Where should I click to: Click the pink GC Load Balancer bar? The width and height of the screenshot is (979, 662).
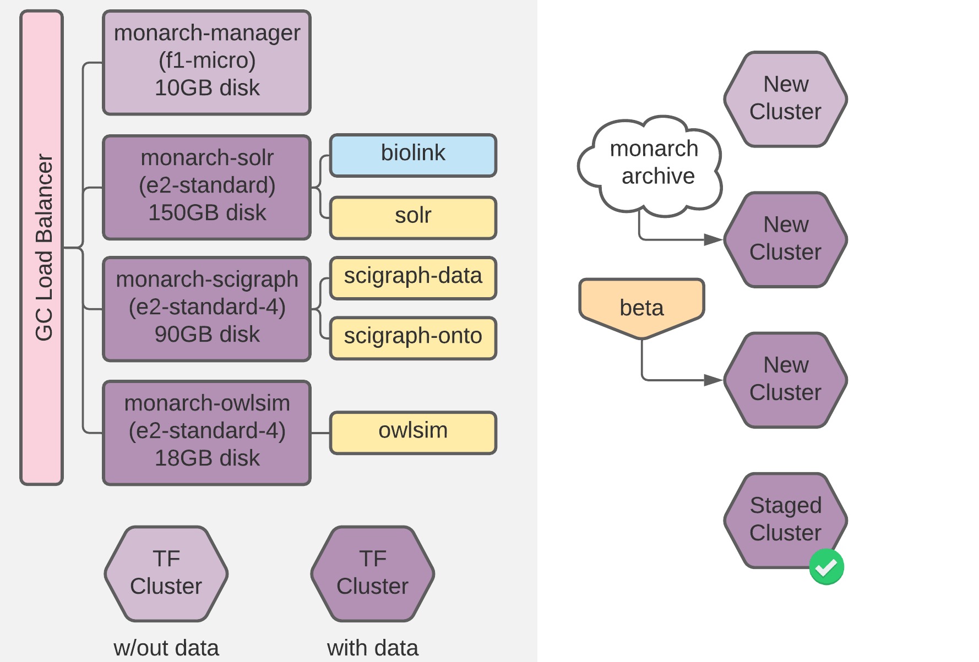[x=42, y=248]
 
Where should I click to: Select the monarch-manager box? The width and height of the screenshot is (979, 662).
[x=206, y=62]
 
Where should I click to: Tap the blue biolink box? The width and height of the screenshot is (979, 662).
[x=413, y=155]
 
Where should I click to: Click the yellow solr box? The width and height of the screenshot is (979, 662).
[x=413, y=217]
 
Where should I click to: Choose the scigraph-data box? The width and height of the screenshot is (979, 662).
[x=413, y=278]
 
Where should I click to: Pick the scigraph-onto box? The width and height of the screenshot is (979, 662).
[x=413, y=338]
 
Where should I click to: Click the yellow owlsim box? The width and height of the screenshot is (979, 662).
[x=413, y=433]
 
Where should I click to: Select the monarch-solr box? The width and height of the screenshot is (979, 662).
[x=206, y=187]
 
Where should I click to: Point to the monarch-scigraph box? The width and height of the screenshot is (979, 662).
[x=206, y=309]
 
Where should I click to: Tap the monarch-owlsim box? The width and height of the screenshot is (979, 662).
[x=206, y=433]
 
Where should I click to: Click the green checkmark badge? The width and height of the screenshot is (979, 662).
[x=826, y=567]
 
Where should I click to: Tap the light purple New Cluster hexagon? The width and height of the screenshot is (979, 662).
[x=785, y=99]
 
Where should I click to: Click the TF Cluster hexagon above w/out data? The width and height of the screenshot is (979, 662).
[x=166, y=573]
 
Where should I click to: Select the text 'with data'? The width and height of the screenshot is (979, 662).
[x=372, y=648]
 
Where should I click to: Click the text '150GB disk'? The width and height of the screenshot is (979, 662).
[x=206, y=213]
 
